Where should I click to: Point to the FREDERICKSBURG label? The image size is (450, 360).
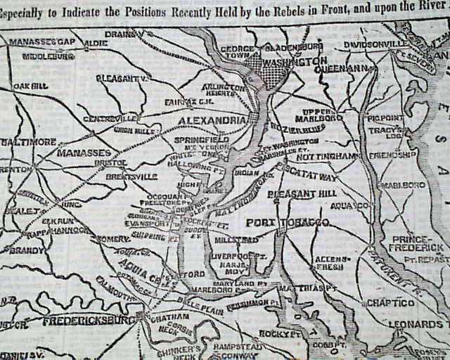point(89,321)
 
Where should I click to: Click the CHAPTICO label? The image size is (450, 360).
point(387,302)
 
